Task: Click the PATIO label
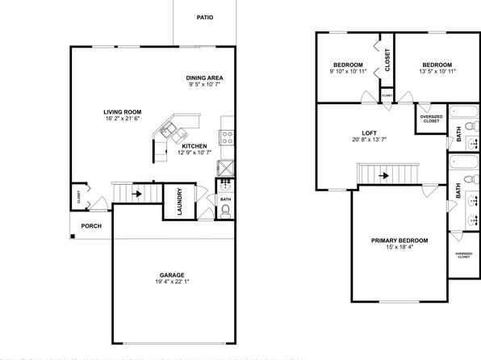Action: point(205,18)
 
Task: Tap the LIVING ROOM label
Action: point(123,112)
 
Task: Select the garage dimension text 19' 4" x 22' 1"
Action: point(172,282)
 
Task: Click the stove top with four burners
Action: point(227,137)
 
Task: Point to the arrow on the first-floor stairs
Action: point(137,194)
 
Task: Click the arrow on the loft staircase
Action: point(384,176)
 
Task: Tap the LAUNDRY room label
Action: point(180,202)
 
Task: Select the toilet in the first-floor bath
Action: point(225,211)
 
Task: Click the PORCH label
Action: point(91,226)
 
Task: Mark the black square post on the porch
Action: point(73,236)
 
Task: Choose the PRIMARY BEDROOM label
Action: point(399,241)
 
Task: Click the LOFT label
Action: point(370,133)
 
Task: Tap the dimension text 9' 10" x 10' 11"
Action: point(348,72)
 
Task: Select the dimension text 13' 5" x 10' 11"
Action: point(437,72)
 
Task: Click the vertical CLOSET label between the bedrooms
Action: point(387,60)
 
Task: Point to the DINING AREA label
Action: point(205,78)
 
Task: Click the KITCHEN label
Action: point(194,146)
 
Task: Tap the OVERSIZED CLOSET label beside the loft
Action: point(431,119)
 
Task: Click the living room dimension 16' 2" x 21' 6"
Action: point(123,119)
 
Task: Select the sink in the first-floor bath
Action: point(225,185)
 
